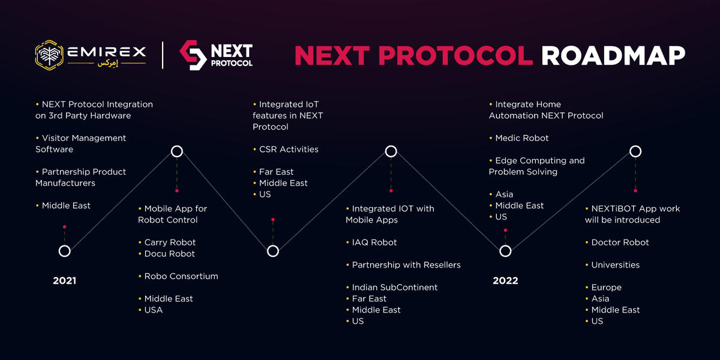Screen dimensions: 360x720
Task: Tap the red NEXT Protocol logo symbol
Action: [193, 55]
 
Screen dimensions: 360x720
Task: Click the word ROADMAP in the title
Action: [613, 56]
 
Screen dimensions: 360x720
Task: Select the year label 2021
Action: [64, 280]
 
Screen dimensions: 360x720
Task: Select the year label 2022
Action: [505, 280]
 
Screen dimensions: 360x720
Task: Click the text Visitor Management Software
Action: [80, 143]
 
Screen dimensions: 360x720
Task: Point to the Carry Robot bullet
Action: [170, 242]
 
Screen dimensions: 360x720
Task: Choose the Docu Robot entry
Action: [169, 254]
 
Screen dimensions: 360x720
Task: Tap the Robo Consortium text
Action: [181, 276]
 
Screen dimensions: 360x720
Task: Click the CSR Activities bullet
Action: [288, 149]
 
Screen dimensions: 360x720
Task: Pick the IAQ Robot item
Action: [374, 242]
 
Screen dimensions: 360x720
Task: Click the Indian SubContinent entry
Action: [394, 287]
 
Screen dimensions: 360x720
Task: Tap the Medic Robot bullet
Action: [521, 138]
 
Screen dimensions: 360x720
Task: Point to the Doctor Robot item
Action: [620, 242]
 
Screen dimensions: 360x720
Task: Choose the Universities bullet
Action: [615, 265]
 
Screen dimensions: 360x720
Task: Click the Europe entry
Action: [606, 287]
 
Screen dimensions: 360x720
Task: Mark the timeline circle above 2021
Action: [64, 251]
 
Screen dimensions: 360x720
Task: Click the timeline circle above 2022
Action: [505, 251]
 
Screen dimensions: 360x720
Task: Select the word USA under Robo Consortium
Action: [153, 310]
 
